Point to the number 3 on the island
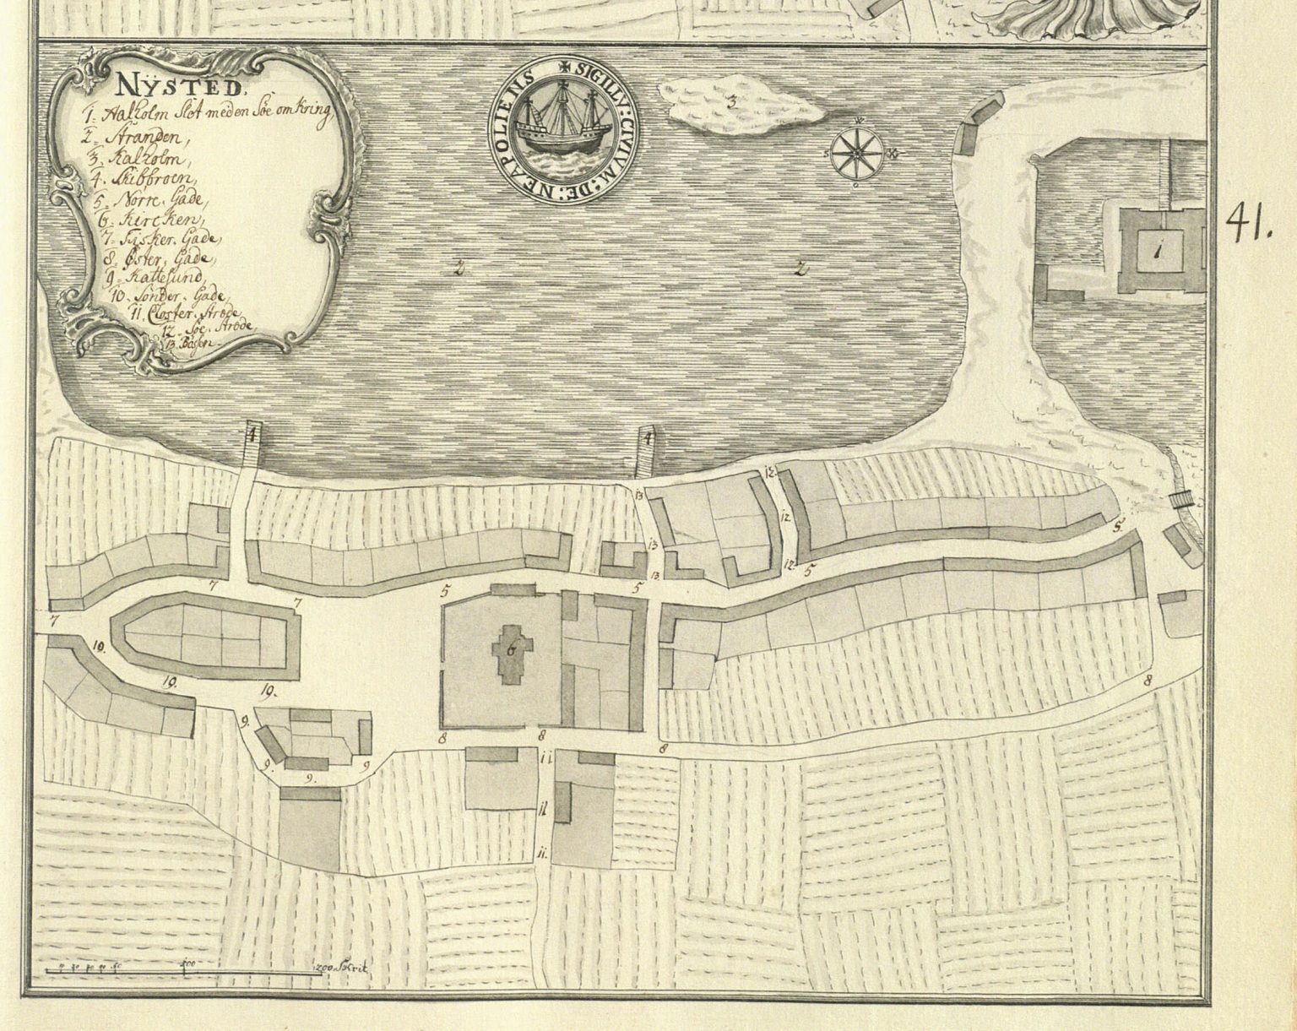pos(733,103)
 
